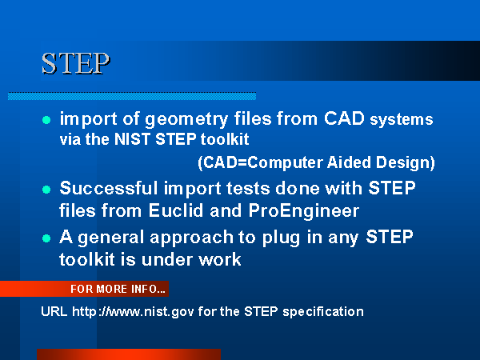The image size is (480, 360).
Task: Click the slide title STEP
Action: tap(76, 63)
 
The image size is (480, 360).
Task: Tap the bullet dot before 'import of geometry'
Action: tap(46, 120)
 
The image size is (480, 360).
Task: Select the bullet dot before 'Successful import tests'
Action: tap(46, 190)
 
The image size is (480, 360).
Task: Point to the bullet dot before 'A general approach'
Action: tap(46, 238)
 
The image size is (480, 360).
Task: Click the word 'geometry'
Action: tap(186, 119)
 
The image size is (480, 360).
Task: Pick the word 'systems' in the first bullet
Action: tap(402, 120)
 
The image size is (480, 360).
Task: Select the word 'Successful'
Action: tap(109, 188)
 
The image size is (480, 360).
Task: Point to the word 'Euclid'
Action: tap(176, 210)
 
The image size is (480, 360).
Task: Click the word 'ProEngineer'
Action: tap(304, 211)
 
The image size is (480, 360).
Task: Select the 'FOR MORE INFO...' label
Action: tap(118, 289)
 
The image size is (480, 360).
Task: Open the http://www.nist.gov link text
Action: tap(133, 312)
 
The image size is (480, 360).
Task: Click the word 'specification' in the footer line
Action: tap(323, 312)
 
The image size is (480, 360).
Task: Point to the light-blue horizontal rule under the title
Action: tap(132, 96)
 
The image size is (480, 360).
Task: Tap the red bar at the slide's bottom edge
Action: tap(129, 354)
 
